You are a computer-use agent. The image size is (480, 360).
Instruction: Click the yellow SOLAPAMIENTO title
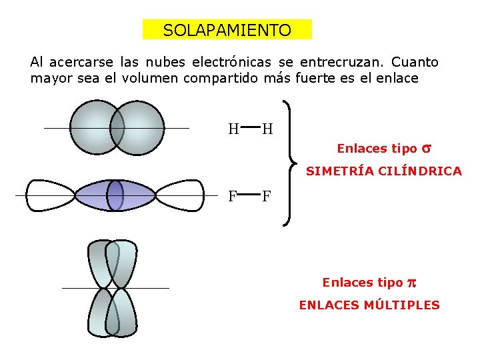227,30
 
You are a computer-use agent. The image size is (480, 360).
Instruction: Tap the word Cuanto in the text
415,63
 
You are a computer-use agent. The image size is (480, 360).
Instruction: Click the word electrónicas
231,63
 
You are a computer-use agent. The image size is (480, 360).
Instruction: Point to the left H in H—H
233,129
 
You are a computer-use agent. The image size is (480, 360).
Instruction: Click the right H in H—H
267,129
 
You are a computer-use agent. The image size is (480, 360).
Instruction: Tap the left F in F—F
233,197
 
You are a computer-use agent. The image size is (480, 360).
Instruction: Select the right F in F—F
266,197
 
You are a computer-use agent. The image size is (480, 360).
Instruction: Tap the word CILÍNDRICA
423,171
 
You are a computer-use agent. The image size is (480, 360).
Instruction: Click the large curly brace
288,163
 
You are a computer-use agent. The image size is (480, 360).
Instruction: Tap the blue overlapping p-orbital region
115,195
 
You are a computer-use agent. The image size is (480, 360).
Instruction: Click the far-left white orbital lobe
48,195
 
